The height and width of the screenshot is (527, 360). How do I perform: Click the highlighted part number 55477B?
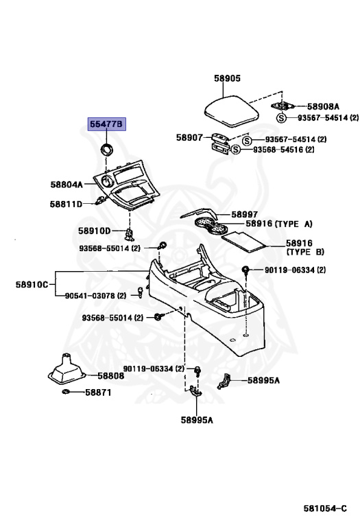click(106, 124)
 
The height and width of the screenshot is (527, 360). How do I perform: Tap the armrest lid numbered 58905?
click(232, 112)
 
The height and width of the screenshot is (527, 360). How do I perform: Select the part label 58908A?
click(323, 106)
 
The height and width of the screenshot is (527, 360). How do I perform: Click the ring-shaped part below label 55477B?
click(108, 149)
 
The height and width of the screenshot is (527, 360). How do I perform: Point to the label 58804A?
click(67, 185)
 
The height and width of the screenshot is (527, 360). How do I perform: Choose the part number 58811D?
click(66, 204)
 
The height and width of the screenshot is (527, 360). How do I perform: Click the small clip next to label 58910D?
click(130, 234)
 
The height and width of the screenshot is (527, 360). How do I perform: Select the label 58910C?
click(32, 285)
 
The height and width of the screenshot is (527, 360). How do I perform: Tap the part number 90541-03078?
click(90, 296)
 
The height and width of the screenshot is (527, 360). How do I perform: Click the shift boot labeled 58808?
click(67, 368)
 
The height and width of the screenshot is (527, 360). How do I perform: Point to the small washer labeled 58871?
click(66, 392)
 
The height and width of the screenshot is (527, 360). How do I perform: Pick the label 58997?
click(245, 214)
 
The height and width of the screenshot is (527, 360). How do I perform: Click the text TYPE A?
click(293, 224)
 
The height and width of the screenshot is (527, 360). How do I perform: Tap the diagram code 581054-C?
click(325, 508)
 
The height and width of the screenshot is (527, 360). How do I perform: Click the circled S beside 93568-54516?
click(236, 149)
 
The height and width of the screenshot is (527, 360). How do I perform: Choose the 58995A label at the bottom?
click(197, 420)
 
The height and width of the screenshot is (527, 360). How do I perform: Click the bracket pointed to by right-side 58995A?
click(224, 382)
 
